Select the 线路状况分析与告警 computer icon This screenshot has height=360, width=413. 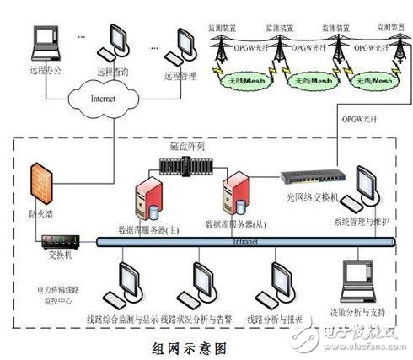point(203,281)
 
